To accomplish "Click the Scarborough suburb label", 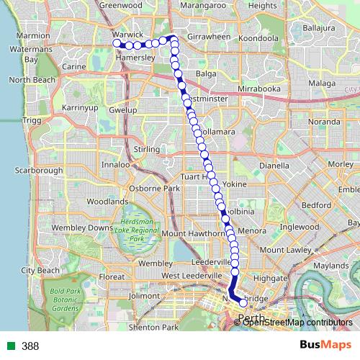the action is coord(40,171).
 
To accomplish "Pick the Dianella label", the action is coord(274,164).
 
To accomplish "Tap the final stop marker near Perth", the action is coord(243,302).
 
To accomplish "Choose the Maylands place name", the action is coord(331,266).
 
